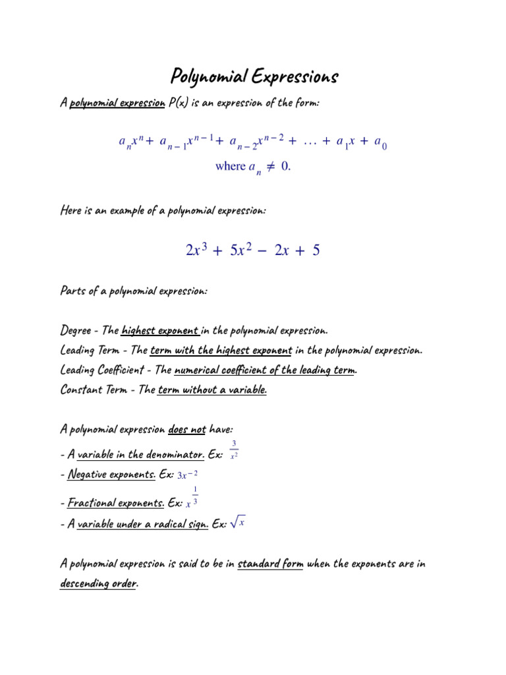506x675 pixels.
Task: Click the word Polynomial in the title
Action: pyautogui.click(x=206, y=77)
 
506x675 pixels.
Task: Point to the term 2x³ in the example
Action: pyautogui.click(x=197, y=250)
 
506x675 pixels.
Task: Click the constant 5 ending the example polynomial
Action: pyautogui.click(x=317, y=250)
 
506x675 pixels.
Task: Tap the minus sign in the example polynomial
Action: pyautogui.click(x=263, y=251)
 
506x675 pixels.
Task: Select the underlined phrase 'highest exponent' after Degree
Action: pyautogui.click(x=160, y=330)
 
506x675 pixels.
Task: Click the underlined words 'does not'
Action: pyautogui.click(x=187, y=430)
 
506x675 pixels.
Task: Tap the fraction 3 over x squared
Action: pyautogui.click(x=235, y=450)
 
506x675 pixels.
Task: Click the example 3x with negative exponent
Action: pyautogui.click(x=188, y=475)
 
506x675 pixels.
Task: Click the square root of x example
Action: pyautogui.click(x=237, y=523)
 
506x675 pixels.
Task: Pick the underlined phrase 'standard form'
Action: pyautogui.click(x=270, y=564)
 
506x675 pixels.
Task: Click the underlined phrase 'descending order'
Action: pyautogui.click(x=98, y=584)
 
